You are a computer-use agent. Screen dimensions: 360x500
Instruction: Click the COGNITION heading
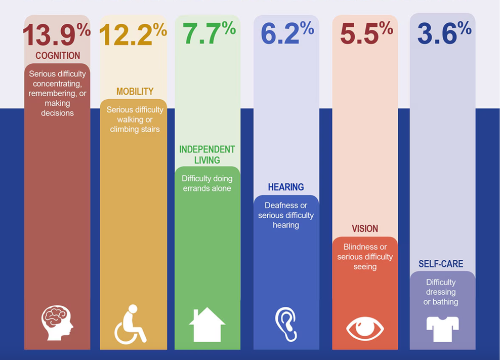pos(57,55)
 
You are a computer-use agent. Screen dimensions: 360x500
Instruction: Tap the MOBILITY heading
pos(135,92)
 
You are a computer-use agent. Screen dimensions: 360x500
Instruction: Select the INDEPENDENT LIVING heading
pos(207,155)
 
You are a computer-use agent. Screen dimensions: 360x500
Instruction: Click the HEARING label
pos(286,187)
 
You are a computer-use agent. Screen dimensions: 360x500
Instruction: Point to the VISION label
pos(365,229)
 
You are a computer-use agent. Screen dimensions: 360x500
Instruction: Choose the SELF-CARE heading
pos(441,264)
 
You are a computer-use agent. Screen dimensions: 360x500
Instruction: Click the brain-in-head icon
pos(57,322)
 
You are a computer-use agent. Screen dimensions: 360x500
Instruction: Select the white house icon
pos(207,324)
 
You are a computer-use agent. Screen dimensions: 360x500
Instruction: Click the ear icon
pos(286,324)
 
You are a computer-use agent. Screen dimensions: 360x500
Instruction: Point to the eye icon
pos(365,328)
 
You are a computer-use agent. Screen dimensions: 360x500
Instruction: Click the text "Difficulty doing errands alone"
pos(207,183)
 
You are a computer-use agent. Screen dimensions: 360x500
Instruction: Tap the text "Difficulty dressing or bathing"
pos(441,292)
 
